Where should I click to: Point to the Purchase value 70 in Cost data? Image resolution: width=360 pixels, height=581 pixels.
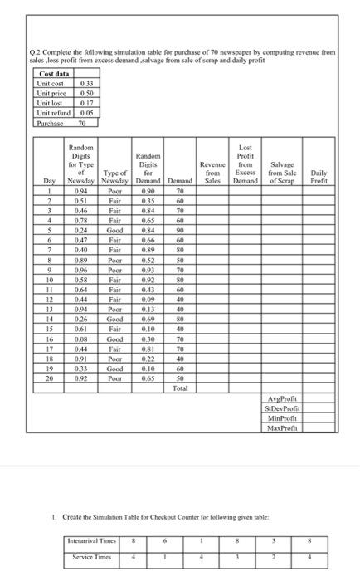[82, 124]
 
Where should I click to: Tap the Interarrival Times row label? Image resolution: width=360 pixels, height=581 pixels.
[92, 540]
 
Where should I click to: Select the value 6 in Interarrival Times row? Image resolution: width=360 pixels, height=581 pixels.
[165, 540]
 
